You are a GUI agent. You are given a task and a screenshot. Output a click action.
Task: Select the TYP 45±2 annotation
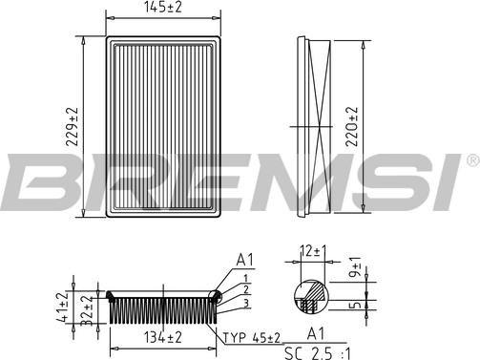pyautogui.click(x=251, y=338)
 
